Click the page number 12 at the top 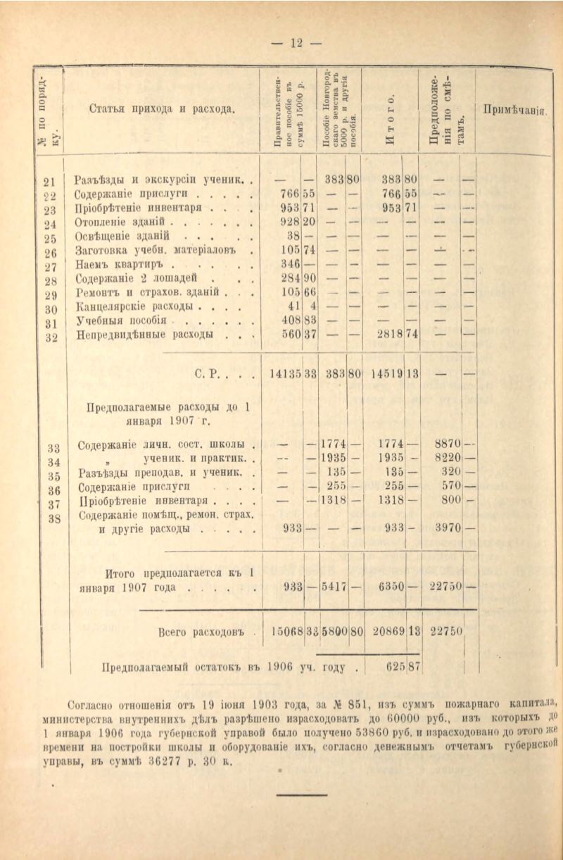[296, 44]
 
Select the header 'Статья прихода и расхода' [161, 109]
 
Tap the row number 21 [49, 180]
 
